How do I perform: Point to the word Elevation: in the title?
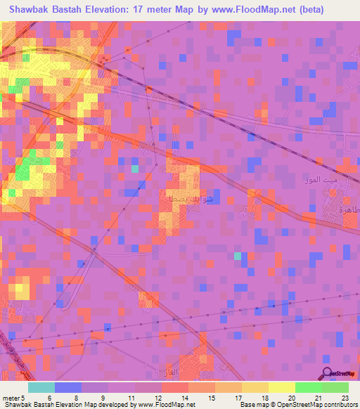pos(122,8)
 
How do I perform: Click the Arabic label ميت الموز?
pos(326,180)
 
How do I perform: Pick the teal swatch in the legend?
pos(41,387)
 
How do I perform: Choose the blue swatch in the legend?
pos(68,387)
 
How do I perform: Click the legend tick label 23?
pos(345,397)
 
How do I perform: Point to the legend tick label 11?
pos(131,397)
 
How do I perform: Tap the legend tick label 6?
pos(49,397)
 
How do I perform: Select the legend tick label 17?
pos(239,397)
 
